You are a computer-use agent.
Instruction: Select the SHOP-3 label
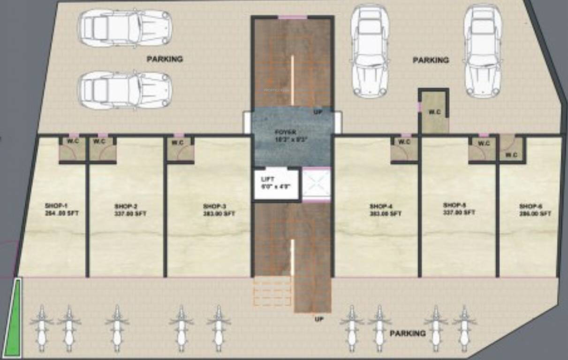coord(219,210)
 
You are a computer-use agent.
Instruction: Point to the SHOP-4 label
coord(385,210)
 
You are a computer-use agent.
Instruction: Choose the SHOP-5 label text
coord(459,209)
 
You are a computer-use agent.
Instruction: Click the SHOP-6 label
coord(535,210)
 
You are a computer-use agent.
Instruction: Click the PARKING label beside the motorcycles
coord(408,333)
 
